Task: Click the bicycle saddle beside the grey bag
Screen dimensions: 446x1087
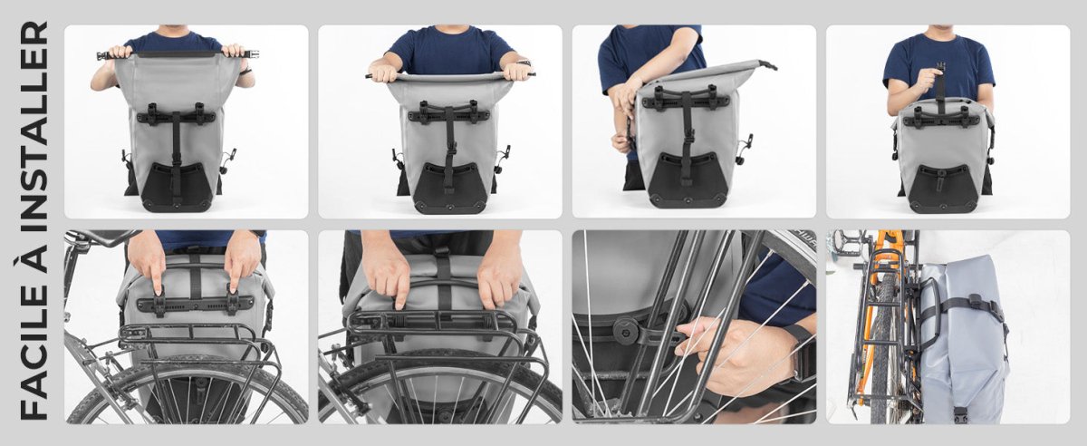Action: (x=96, y=238)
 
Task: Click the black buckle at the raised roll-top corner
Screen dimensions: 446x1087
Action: (x=768, y=65)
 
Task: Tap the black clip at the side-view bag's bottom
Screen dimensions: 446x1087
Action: (x=959, y=413)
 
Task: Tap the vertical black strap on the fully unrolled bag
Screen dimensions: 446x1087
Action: (x=176, y=150)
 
